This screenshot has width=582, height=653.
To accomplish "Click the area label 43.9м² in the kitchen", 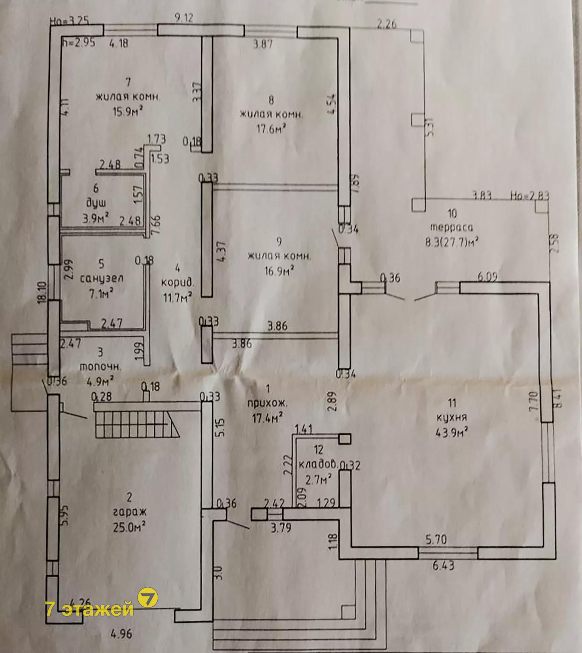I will pyautogui.click(x=452, y=433).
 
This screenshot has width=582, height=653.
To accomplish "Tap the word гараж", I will pyautogui.click(x=129, y=511).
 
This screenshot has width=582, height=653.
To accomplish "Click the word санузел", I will pyautogui.click(x=101, y=278).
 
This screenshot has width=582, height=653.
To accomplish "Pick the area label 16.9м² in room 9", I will pyautogui.click(x=279, y=271).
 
